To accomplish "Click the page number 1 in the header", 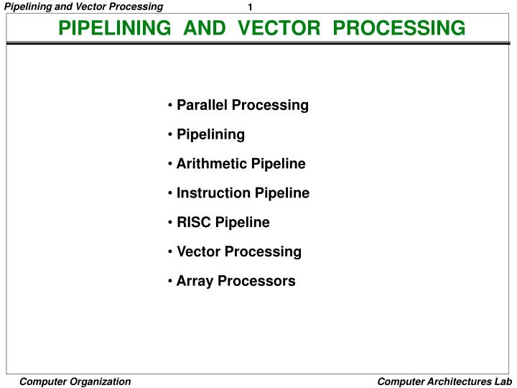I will pyautogui.click(x=249, y=7).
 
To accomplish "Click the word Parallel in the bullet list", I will pyautogui.click(x=202, y=106).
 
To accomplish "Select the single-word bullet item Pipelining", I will pyautogui.click(x=210, y=135).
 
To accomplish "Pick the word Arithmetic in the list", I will pyautogui.click(x=210, y=164).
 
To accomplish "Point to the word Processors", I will pyautogui.click(x=256, y=282).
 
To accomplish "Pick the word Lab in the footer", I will pyautogui.click(x=502, y=382).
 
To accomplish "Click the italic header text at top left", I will pyautogui.click(x=83, y=7).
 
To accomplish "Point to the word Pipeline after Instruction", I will pyautogui.click(x=285, y=193).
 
